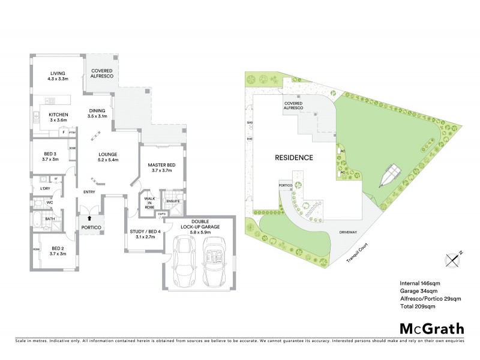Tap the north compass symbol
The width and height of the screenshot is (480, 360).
[454, 258]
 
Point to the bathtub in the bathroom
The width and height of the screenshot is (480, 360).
[37, 219]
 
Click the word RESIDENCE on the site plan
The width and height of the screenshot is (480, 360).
[294, 158]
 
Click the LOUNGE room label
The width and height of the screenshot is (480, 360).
[109, 157]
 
